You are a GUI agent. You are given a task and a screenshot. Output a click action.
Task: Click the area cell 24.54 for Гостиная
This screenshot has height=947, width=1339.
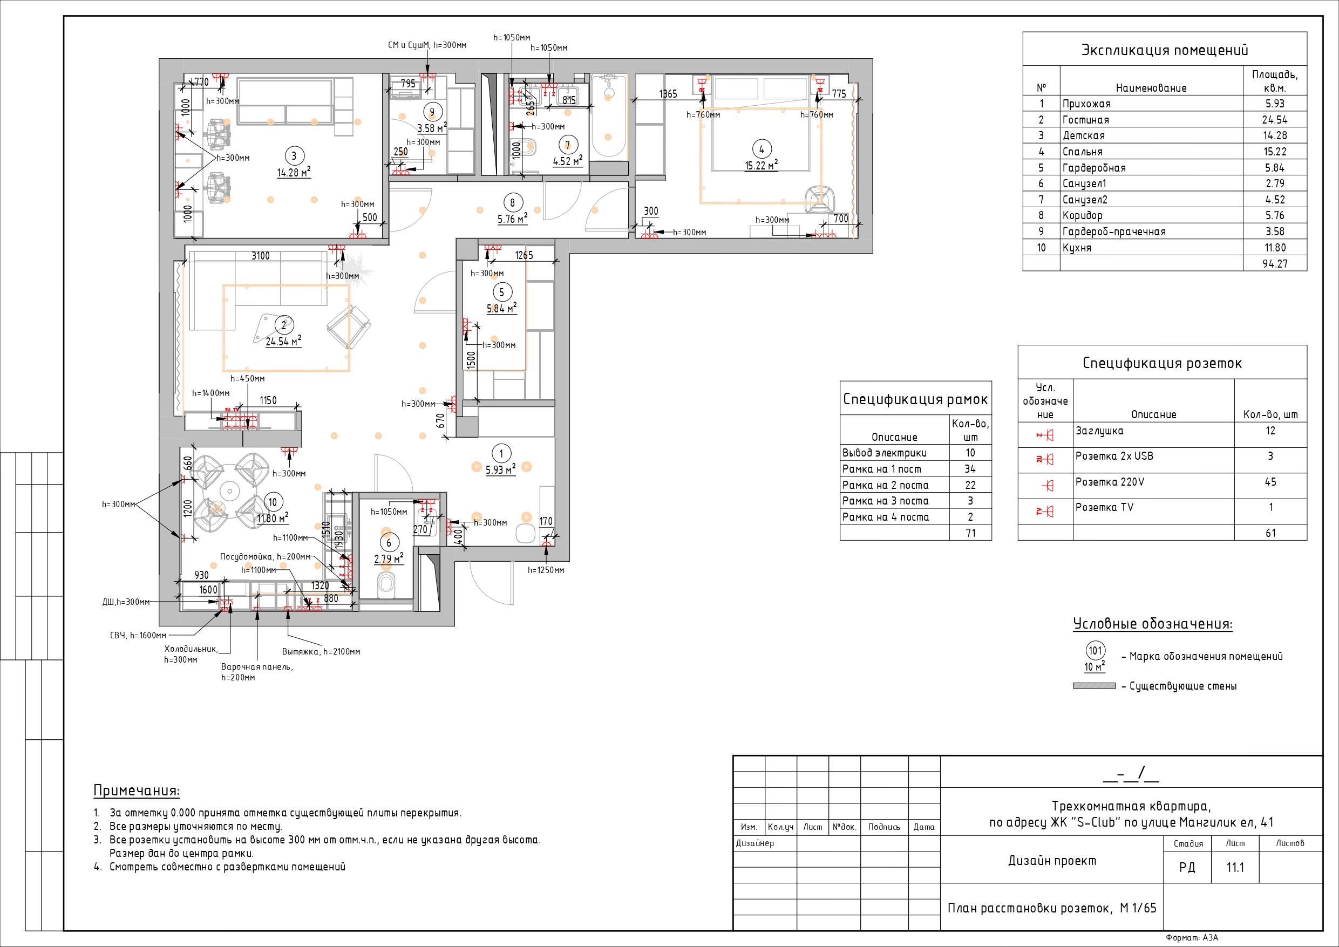click(1274, 120)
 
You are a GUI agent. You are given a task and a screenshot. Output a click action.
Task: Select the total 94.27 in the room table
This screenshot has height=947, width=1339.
click(1274, 263)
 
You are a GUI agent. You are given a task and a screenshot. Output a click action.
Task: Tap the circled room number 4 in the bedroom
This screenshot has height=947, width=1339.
click(761, 149)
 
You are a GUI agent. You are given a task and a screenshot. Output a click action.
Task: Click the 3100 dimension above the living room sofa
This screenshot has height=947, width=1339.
click(260, 256)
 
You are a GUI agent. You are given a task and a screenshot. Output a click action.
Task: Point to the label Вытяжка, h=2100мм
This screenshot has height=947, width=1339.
click(321, 651)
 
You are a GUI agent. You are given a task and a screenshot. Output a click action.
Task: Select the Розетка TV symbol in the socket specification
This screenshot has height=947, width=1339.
click(1045, 512)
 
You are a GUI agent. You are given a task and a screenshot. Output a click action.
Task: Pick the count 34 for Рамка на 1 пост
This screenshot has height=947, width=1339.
click(970, 469)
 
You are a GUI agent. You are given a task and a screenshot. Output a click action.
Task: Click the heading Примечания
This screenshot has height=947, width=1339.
click(137, 791)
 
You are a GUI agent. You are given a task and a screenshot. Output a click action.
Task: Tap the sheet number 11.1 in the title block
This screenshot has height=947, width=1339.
click(1235, 867)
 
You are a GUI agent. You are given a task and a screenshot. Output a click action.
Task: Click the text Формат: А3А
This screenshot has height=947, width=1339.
click(1192, 938)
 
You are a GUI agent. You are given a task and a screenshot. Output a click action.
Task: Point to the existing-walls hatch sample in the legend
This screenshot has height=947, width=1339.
click(1094, 686)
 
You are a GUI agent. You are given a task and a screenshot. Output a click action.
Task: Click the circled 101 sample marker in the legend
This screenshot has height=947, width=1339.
click(1095, 651)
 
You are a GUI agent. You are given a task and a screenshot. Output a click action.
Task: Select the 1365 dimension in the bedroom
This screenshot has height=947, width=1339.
click(668, 94)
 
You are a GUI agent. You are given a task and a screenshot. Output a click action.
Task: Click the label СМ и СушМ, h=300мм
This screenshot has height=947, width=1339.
click(427, 45)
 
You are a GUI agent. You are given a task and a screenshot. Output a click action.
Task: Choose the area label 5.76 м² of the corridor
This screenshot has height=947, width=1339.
click(512, 219)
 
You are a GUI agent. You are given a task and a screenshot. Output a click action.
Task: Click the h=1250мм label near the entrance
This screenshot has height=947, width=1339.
click(546, 570)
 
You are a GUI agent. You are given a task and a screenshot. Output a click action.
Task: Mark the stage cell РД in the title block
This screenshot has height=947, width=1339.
click(1187, 867)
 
